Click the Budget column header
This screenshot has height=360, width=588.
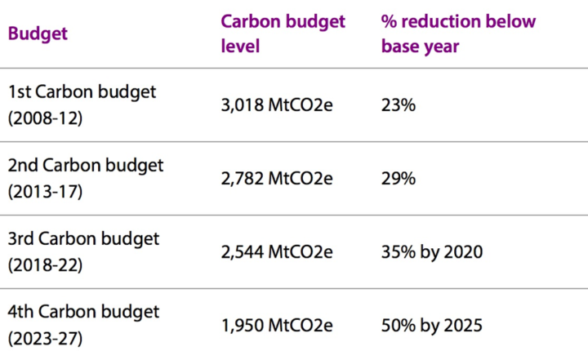click(38, 34)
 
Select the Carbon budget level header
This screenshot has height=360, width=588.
click(283, 33)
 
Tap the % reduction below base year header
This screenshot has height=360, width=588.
click(458, 33)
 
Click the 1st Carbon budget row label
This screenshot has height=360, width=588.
click(81, 91)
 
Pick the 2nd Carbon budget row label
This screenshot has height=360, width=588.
click(85, 165)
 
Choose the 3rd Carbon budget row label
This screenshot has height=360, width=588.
click(83, 238)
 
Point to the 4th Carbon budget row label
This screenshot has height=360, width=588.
click(83, 312)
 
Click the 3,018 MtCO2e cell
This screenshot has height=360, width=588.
click(277, 105)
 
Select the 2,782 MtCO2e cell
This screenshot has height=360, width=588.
click(277, 179)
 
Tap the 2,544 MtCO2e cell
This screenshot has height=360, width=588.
click(277, 252)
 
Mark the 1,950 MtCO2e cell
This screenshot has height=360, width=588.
click(277, 326)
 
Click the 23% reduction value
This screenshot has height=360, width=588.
click(397, 105)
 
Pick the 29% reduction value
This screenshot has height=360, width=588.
click(397, 179)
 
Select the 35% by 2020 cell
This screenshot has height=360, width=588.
click(432, 252)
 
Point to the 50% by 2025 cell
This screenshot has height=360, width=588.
click(432, 326)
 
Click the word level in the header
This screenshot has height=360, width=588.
click(240, 47)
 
